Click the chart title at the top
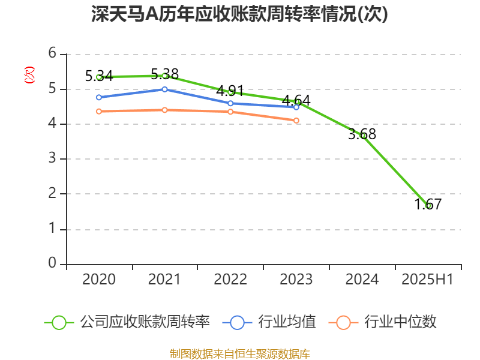tap(239, 14)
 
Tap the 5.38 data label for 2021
tap(164, 74)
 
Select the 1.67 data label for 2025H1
tap(428, 204)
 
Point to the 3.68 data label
tap(362, 134)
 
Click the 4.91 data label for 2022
tap(230, 91)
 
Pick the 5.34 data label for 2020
tap(99, 76)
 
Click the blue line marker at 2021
tap(164, 89)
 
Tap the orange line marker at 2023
tap(296, 121)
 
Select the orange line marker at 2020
tap(99, 112)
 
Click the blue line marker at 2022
tap(230, 103)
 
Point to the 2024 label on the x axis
tap(362, 280)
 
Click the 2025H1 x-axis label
tap(427, 280)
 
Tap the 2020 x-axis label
tap(99, 280)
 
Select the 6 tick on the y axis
tap(53, 54)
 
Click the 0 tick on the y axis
tap(53, 264)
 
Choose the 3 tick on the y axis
tap(53, 159)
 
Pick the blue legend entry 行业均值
tap(269, 322)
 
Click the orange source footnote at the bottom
tap(239, 353)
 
